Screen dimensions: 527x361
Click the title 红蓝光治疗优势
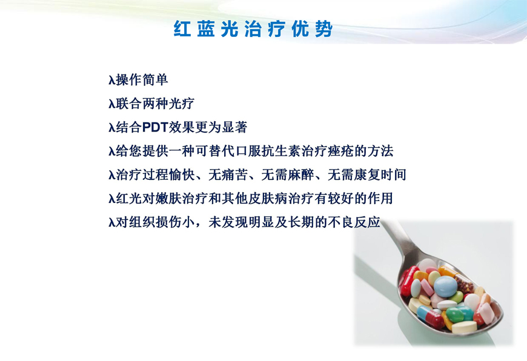pos(253,28)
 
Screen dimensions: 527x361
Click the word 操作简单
pos(142,80)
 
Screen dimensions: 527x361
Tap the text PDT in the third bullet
pos(155,127)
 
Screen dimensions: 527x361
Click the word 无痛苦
pos(228,175)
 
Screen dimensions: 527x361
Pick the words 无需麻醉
pos(288,175)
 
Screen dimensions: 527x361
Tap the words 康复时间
pos(380,175)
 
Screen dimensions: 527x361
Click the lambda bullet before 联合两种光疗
pos(112,104)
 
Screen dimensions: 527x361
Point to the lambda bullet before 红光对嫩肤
pos(112,199)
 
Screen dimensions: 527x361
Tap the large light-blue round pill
pos(445,286)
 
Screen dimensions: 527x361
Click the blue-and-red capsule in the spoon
pos(431,317)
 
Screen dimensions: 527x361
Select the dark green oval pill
pos(454,315)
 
